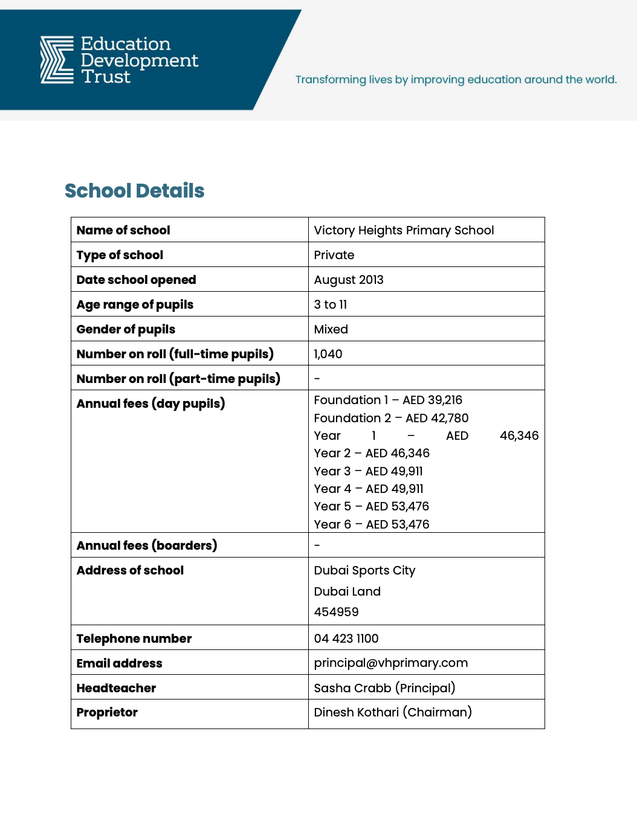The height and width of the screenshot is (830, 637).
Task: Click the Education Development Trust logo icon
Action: tap(57, 60)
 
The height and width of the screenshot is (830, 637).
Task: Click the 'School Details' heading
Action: tap(134, 191)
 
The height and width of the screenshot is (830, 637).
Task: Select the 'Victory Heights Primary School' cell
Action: tap(404, 230)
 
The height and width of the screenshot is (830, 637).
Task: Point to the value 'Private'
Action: tap(334, 255)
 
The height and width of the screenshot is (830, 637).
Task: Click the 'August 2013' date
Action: tap(348, 280)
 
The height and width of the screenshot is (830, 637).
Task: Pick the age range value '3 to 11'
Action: tap(330, 304)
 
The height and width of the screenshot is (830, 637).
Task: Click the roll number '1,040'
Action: tap(328, 354)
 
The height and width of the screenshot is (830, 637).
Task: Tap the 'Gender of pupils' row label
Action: tap(126, 329)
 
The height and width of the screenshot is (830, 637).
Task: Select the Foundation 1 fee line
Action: tap(387, 400)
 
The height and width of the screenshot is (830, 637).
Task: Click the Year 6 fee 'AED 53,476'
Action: tap(397, 524)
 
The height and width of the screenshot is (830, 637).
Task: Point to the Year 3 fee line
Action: tap(368, 471)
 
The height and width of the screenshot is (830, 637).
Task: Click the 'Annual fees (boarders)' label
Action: tap(146, 545)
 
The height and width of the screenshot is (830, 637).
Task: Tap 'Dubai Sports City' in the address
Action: tap(364, 570)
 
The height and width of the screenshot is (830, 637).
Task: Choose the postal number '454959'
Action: tap(336, 612)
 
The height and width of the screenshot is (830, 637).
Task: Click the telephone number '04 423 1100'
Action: tap(346, 639)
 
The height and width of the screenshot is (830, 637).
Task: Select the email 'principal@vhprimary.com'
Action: tap(390, 663)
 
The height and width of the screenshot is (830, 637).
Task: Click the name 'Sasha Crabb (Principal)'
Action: tap(384, 688)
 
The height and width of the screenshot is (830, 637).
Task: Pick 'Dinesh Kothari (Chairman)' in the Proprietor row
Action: tap(392, 712)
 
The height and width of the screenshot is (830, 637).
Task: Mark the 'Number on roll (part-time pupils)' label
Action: tap(178, 379)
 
